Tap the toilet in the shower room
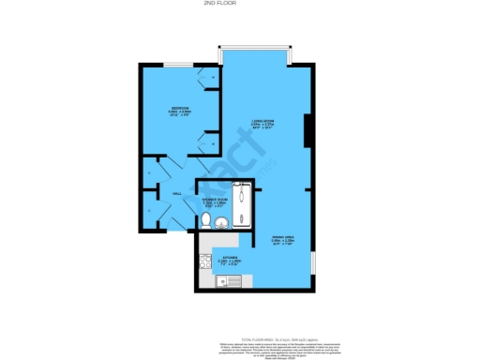click(205, 220)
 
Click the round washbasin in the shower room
click(221, 222)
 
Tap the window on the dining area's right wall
click(314, 262)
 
